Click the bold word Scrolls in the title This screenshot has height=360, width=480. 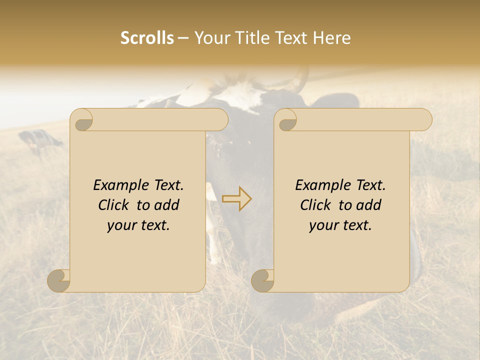(x=147, y=38)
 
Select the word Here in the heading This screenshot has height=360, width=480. (x=332, y=38)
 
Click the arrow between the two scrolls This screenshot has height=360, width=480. (x=236, y=198)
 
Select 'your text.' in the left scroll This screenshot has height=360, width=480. (x=138, y=225)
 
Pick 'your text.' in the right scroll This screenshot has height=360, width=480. (x=340, y=225)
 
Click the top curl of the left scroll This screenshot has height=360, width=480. (x=82, y=120)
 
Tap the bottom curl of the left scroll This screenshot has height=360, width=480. (x=59, y=280)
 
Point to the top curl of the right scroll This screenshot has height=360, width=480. (x=286, y=120)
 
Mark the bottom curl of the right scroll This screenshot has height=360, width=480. (x=263, y=280)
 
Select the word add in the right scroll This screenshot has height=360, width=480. (x=369, y=205)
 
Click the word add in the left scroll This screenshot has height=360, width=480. (x=167, y=205)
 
